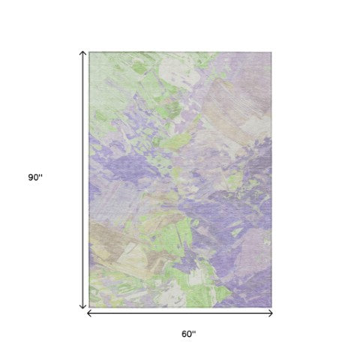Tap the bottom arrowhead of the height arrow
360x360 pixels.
[83, 307]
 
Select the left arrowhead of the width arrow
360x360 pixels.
[90, 313]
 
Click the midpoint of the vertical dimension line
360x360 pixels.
[83, 180]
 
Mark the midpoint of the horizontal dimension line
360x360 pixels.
[181, 313]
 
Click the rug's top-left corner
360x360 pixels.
[89, 52]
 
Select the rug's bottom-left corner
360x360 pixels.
[89, 307]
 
